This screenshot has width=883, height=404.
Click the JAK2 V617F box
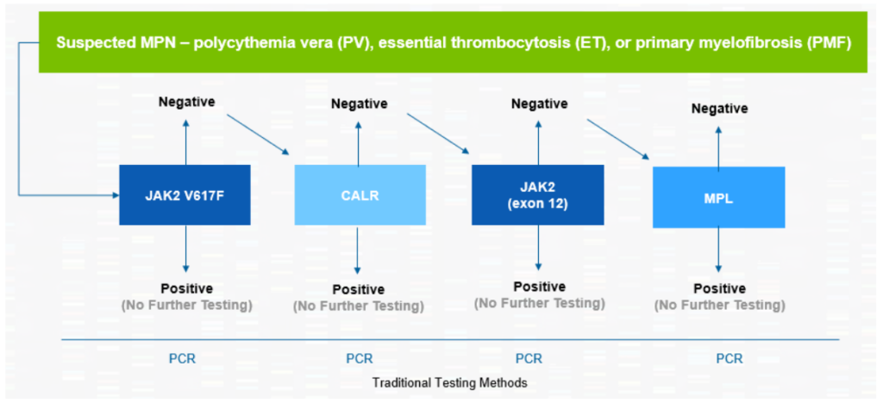tap(185, 195)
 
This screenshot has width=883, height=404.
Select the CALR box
tap(360, 195)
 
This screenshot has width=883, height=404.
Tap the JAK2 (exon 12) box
tap(538, 195)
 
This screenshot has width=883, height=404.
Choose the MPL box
tap(718, 197)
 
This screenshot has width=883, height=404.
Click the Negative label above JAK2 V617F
tap(187, 102)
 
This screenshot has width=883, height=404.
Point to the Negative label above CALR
tap(360, 104)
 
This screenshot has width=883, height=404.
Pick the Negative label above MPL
tap(720, 108)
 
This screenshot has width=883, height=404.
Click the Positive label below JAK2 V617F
tap(187, 288)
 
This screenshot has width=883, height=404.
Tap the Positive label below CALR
tap(359, 289)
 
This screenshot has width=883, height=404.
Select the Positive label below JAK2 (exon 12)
tap(540, 287)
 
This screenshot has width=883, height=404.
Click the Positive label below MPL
tap(720, 288)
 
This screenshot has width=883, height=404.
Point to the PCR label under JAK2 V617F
tap(183, 358)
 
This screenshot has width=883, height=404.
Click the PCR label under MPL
tap(730, 358)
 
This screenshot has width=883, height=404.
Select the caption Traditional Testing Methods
tap(450, 382)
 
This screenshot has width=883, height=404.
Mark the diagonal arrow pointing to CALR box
tap(258, 135)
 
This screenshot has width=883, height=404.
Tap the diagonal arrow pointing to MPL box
tap(618, 139)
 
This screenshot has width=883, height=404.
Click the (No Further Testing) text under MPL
tap(720, 306)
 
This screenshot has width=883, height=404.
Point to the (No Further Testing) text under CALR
tap(359, 306)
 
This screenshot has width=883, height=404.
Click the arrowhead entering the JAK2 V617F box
tap(116, 195)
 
